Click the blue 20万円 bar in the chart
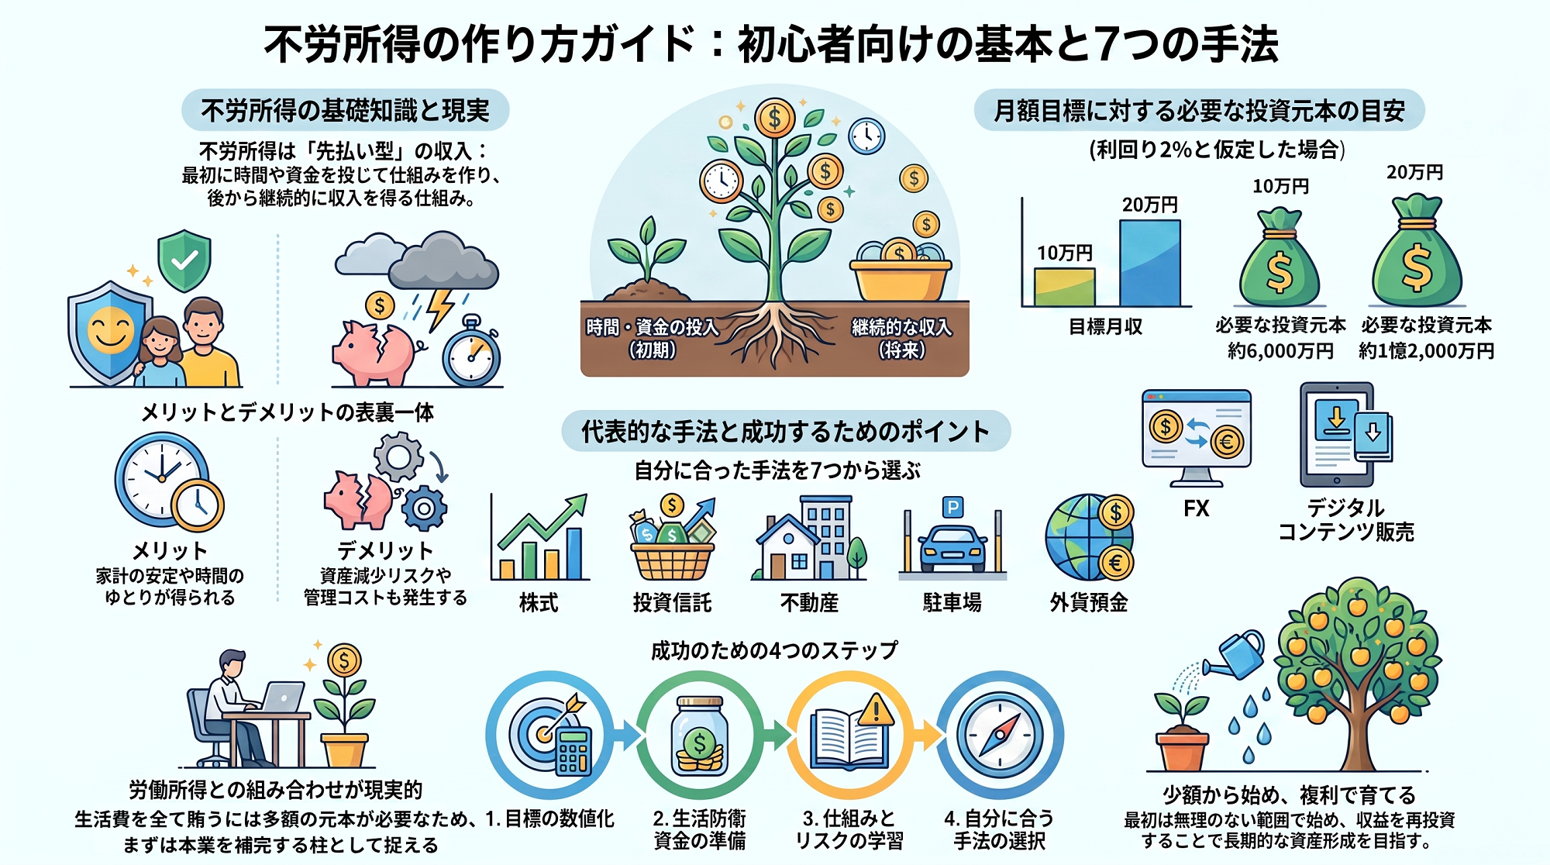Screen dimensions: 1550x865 (x=1150, y=263)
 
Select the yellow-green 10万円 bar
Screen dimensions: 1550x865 (x=1065, y=287)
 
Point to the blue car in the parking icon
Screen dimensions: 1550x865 (x=952, y=548)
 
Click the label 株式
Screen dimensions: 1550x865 (x=539, y=603)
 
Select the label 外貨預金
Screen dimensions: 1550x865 (x=1089, y=603)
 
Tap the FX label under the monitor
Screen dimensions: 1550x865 (x=1197, y=508)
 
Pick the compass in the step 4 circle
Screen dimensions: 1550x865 (x=1000, y=735)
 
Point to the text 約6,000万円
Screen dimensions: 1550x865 (x=1280, y=351)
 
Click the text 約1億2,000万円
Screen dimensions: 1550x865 (x=1427, y=351)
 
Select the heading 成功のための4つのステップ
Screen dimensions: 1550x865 (x=774, y=650)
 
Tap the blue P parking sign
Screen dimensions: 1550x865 (x=952, y=507)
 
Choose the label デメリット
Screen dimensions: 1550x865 (x=385, y=551)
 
